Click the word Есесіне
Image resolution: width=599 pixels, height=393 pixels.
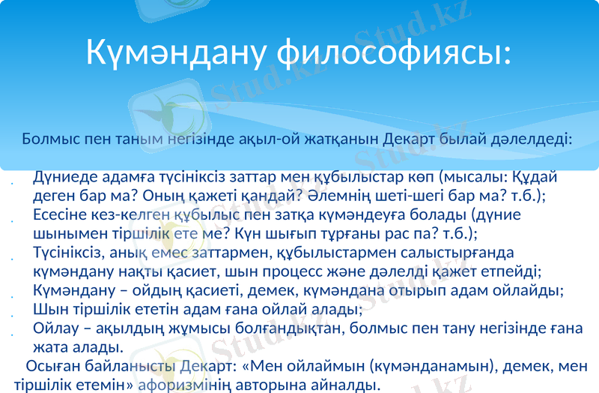click(64, 214)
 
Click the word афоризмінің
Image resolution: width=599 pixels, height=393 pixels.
click(190, 385)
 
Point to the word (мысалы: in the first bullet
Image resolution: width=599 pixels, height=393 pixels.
click(472, 178)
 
